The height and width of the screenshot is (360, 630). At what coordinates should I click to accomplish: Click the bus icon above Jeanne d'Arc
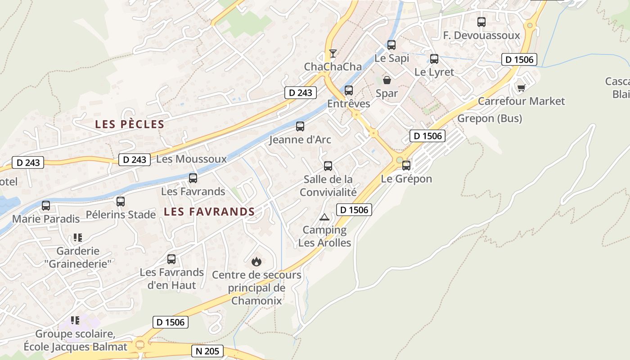coord(300,126)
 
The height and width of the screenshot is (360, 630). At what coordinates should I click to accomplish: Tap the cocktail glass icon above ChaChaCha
coord(333,54)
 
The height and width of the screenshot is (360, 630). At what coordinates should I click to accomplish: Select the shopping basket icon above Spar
coord(387,80)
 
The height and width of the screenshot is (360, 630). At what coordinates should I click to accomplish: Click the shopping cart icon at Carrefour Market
coord(521,88)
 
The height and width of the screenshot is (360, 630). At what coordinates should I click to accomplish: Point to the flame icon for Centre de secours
coord(256,261)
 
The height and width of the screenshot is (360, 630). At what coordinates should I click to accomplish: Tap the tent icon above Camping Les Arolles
coord(324,217)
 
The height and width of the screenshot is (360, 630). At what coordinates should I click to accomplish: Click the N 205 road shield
coord(207,351)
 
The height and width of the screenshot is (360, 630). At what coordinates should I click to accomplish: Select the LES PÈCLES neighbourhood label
coord(130,125)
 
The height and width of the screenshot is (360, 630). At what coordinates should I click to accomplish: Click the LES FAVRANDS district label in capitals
coord(209,211)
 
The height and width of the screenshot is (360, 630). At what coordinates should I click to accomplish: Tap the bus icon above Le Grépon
coord(406,166)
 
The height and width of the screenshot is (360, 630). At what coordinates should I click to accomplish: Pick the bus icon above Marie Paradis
coord(46,206)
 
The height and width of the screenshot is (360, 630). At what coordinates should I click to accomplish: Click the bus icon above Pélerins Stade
coord(121,202)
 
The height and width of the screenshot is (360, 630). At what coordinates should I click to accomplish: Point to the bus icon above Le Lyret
coord(434,59)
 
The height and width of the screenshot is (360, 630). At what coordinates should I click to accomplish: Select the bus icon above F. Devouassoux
coord(481,22)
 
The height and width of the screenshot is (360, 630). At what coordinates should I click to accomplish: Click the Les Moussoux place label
coord(191,159)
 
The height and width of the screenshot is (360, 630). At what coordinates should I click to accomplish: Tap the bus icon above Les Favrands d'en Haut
coord(171,259)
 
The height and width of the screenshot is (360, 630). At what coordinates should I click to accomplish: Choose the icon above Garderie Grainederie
coord(77,237)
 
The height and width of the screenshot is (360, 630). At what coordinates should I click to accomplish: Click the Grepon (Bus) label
coord(490,118)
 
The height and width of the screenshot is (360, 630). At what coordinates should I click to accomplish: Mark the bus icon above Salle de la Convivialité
coord(328,166)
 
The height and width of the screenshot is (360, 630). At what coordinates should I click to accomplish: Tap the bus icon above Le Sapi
coord(391,45)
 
